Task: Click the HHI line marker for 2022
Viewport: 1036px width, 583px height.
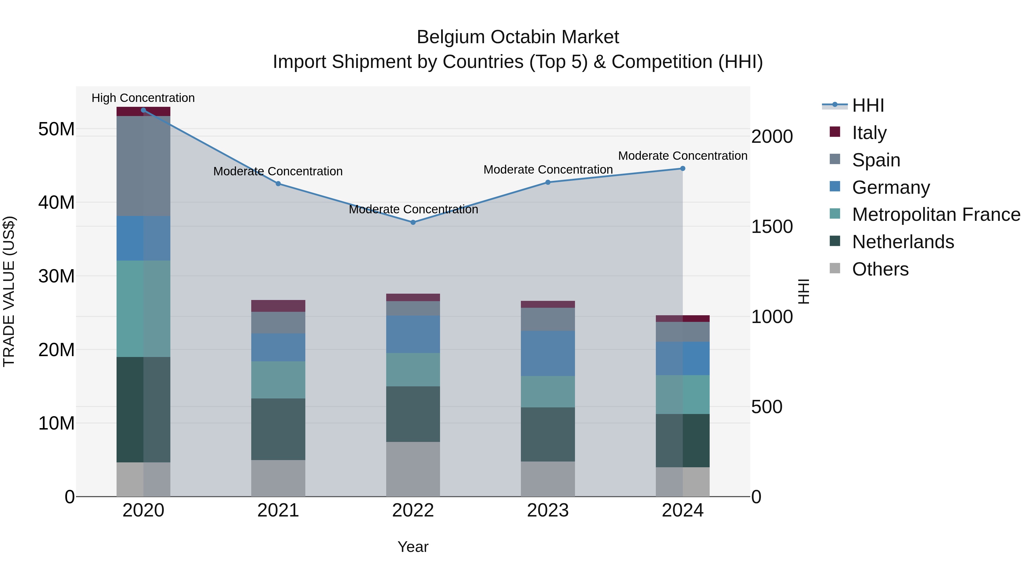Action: click(x=413, y=222)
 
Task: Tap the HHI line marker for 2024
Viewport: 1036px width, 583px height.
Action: click(x=683, y=169)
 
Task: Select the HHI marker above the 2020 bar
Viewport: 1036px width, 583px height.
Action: click(x=143, y=110)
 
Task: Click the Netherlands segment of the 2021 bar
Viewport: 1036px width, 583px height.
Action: click(x=278, y=429)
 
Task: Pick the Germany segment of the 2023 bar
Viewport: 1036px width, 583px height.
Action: click(x=547, y=353)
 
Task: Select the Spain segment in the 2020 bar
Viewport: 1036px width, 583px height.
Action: click(x=143, y=166)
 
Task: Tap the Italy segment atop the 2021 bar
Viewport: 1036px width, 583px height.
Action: click(x=278, y=306)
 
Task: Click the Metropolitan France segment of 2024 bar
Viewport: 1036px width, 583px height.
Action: click(x=683, y=394)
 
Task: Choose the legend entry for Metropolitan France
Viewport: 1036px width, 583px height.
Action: click(x=936, y=214)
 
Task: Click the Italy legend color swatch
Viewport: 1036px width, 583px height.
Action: click(x=835, y=132)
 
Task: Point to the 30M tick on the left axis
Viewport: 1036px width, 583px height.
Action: click(x=56, y=276)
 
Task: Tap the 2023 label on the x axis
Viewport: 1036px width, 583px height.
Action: click(x=547, y=510)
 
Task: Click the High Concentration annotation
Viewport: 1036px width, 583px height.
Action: click(x=143, y=98)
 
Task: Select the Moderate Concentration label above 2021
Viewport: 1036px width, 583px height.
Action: click(x=278, y=171)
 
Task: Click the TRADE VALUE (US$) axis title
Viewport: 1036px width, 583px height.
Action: click(x=9, y=291)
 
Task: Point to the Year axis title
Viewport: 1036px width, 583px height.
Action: click(x=413, y=547)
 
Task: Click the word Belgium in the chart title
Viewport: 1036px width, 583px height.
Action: click(x=450, y=37)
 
